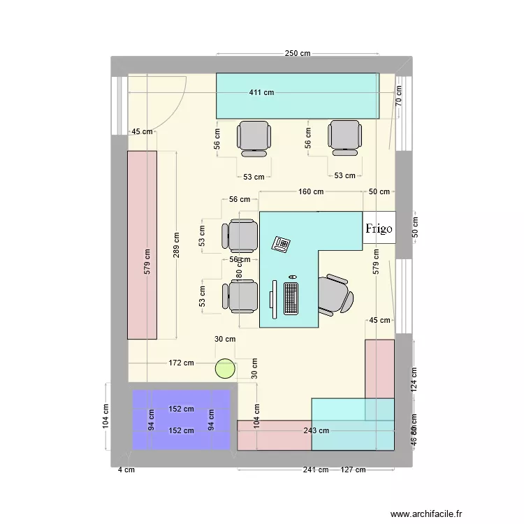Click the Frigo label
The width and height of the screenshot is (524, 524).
point(379,228)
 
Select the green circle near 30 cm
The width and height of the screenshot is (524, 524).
point(225,367)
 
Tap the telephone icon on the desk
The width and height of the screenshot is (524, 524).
point(282,244)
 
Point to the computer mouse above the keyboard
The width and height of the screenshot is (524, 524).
point(291,277)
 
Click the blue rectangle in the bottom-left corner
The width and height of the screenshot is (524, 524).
point(182,419)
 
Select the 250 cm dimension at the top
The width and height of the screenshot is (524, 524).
point(297,54)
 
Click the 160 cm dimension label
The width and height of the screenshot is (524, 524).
point(311,191)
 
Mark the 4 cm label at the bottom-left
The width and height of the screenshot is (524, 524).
point(126,470)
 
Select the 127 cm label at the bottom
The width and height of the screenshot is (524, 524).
point(353,470)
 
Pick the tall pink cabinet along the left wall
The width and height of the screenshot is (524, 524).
point(142,245)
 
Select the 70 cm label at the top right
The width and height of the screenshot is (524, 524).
point(398,95)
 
